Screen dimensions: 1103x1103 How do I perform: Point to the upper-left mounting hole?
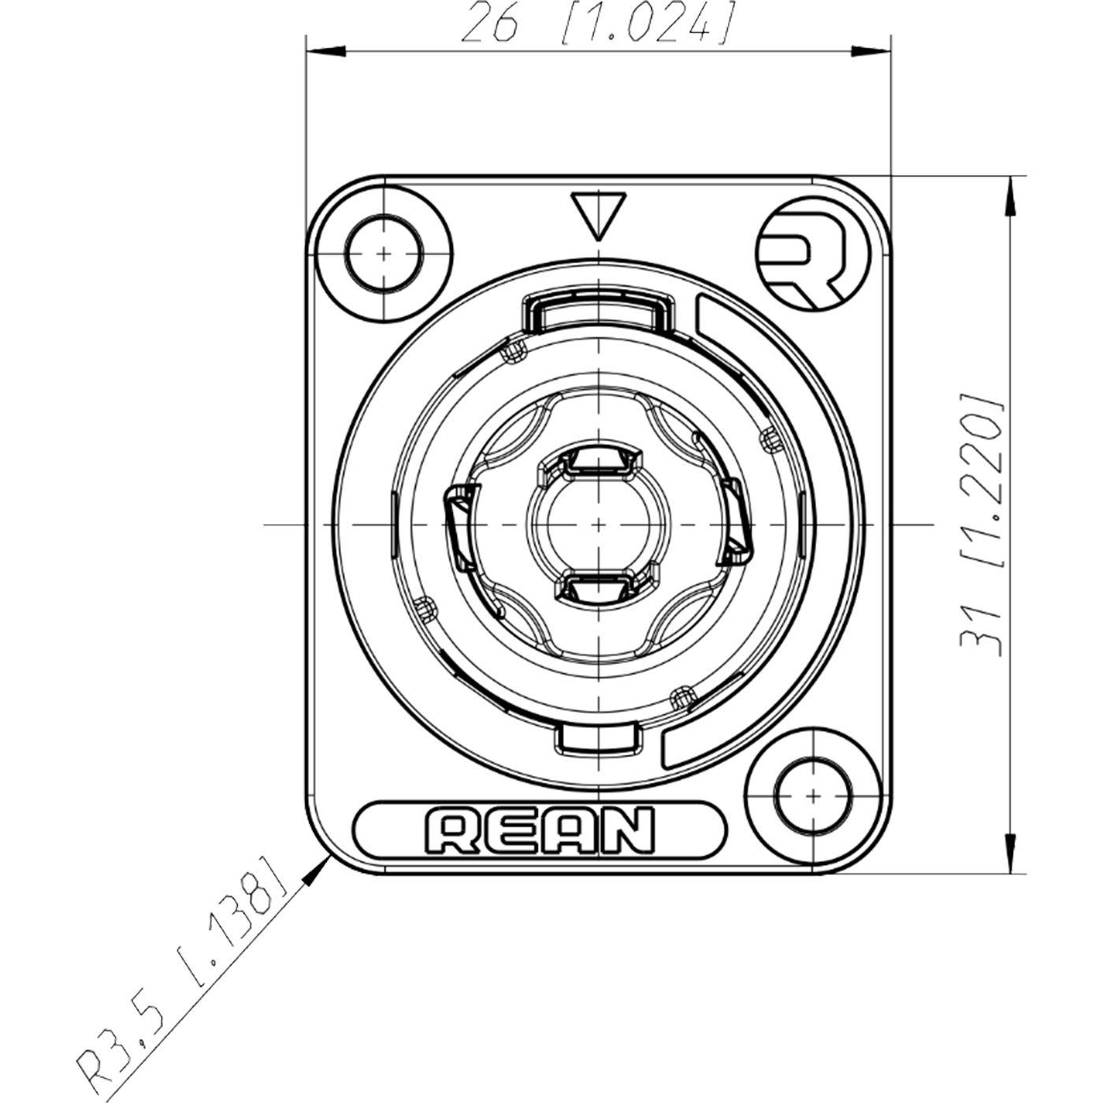click(383, 254)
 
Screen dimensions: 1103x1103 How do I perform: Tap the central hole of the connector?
click(599, 523)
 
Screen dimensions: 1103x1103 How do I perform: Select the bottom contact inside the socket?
click(599, 586)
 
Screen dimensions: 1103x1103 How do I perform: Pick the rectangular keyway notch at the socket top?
click(599, 310)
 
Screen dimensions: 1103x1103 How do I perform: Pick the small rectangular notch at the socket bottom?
click(599, 736)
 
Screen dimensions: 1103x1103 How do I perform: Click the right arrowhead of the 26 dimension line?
click(871, 51)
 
